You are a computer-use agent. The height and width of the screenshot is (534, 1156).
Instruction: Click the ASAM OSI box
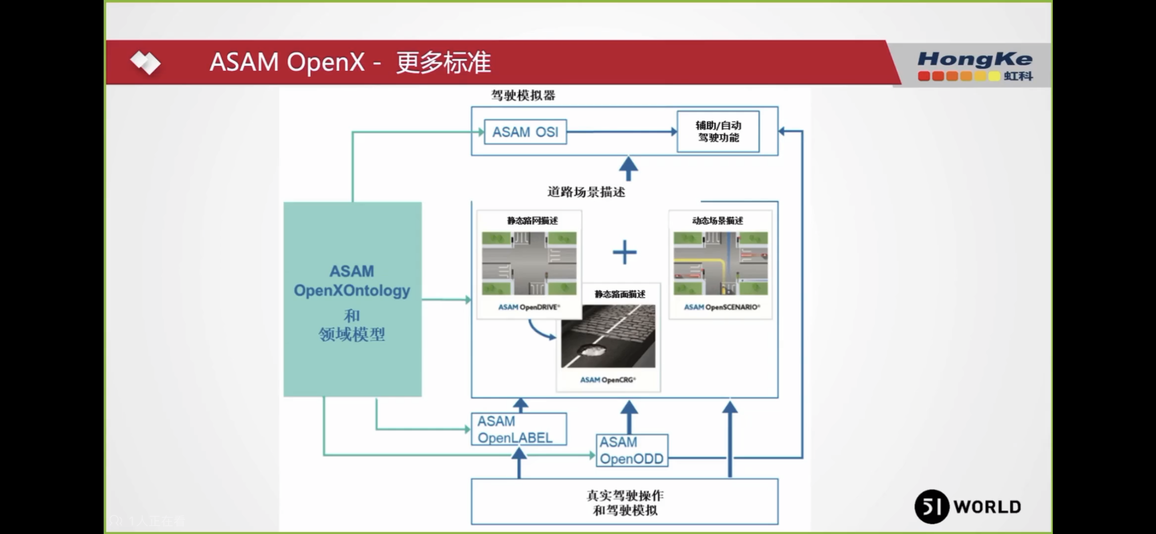[525, 132]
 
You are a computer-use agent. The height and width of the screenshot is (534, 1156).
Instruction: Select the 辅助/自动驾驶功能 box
[718, 131]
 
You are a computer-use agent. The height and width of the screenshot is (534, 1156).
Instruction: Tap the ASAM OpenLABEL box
[519, 429]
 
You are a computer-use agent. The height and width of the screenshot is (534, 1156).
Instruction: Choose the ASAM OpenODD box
[631, 450]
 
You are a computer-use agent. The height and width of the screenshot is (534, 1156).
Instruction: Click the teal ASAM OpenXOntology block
[352, 299]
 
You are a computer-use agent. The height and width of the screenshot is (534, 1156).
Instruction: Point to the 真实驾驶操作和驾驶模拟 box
[624, 502]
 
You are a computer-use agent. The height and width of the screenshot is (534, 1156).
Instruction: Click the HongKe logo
[975, 66]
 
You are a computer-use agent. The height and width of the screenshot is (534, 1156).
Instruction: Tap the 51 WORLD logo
[968, 507]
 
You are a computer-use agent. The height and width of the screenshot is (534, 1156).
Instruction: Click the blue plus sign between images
[624, 252]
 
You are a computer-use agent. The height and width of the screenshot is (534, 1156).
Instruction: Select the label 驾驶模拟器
[523, 95]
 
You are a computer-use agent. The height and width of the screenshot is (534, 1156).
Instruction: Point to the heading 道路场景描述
[586, 192]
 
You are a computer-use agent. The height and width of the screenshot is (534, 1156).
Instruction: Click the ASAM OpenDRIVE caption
[529, 307]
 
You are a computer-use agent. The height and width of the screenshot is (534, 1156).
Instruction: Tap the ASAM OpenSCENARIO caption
[721, 307]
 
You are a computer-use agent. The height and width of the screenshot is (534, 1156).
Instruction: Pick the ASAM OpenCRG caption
[608, 380]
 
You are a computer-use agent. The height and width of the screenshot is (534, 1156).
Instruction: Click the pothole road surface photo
[608, 336]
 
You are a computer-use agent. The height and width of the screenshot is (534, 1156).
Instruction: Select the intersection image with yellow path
[720, 263]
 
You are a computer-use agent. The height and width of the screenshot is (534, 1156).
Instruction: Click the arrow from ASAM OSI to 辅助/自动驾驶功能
[621, 132]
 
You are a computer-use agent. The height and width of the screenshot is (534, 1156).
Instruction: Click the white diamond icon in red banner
[145, 63]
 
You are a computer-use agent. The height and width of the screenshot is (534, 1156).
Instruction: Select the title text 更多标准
[443, 63]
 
